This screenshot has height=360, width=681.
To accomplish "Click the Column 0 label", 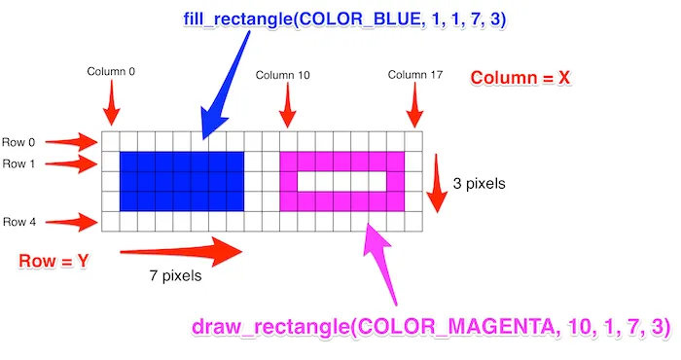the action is [110, 71].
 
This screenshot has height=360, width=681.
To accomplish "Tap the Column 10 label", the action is [282, 75].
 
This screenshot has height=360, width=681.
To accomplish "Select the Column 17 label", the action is [413, 75].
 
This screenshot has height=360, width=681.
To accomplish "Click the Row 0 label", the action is [19, 141].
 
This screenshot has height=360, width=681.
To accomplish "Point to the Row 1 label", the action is [19, 163].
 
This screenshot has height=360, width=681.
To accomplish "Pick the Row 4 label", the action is [19, 222].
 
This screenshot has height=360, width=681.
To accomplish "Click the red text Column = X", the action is [520, 78].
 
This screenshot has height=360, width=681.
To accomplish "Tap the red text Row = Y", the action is [54, 261].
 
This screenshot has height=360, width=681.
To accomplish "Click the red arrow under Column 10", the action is [286, 105].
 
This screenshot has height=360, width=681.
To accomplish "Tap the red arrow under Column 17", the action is [412, 105].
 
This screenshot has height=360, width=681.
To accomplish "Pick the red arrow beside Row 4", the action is [73, 223].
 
